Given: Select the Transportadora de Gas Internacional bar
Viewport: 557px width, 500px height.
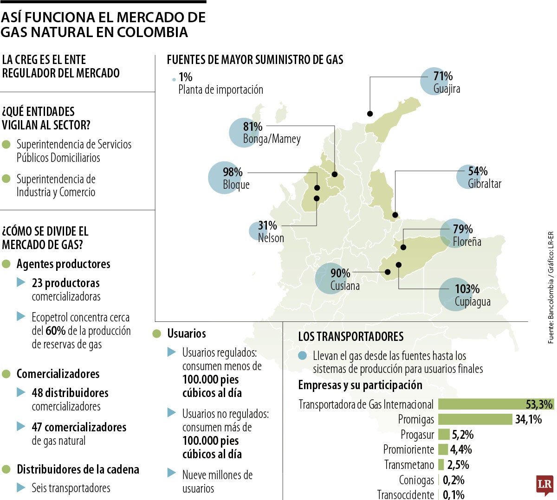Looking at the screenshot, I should tap(495, 404).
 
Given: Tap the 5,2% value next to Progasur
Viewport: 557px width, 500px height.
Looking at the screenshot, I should tap(463, 435).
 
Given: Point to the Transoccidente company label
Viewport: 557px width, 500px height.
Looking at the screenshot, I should tap(405, 494).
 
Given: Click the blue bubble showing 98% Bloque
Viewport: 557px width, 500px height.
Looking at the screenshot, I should tap(225, 178).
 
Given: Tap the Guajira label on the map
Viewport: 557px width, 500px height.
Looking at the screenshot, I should tap(447, 89).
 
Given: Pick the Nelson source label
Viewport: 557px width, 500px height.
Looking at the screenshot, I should tap(271, 238).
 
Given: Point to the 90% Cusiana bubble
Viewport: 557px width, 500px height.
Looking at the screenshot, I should tap(331, 278).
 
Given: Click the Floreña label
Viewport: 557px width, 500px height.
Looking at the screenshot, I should tap(467, 242).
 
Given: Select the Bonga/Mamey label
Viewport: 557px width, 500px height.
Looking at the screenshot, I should tap(272, 139).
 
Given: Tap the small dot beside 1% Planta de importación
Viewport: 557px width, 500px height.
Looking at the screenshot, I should tap(174, 79).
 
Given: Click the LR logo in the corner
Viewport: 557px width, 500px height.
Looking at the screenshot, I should tap(544, 485).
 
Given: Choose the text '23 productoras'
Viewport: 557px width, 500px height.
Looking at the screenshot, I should tap(65, 283).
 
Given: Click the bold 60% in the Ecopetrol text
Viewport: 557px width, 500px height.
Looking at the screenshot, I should tap(55, 331).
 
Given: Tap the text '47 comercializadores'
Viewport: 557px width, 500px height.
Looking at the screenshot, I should tap(78, 427).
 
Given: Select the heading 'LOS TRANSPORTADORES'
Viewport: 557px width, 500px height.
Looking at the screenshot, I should tap(351, 336).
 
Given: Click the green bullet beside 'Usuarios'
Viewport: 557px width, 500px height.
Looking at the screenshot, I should tap(158, 333).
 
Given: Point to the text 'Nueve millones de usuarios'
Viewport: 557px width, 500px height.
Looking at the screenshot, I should tap(217, 481).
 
